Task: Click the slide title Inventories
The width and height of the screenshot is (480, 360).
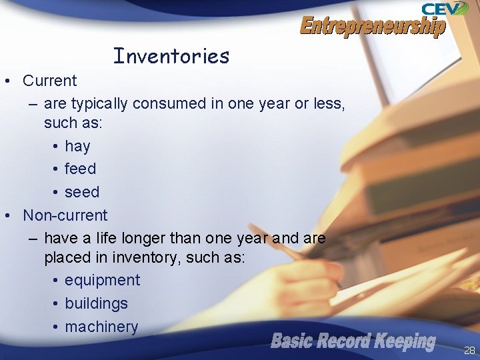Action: pos(171,56)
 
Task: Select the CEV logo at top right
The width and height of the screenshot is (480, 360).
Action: pos(444,9)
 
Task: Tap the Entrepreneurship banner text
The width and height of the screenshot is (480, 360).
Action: pos(372,27)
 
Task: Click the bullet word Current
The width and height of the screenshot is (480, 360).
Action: pos(49,81)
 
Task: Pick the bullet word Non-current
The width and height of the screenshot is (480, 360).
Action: pos(65,215)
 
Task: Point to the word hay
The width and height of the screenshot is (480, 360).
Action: pos(77,146)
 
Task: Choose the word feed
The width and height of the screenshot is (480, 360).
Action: pos(80,169)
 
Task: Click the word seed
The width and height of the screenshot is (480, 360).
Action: pos(81,192)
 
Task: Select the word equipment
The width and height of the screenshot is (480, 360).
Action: pos(102,280)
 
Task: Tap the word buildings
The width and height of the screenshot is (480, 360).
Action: pos(96,303)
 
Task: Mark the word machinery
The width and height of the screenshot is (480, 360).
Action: pos(101,327)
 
